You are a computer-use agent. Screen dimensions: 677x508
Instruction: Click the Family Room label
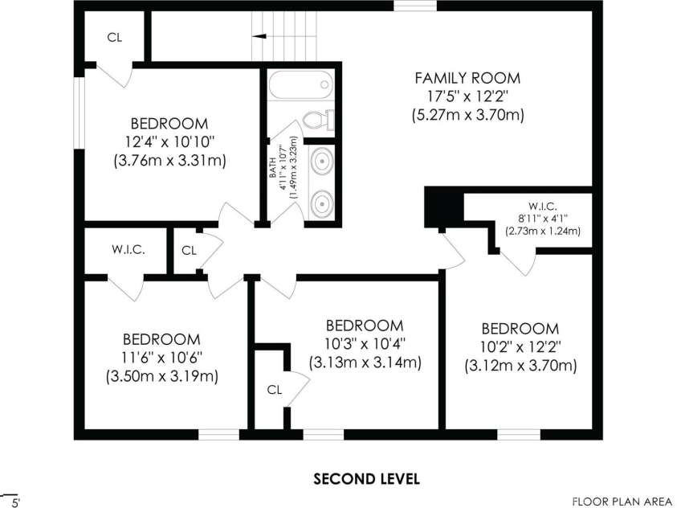point(467,78)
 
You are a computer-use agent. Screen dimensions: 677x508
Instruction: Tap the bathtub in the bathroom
point(301,85)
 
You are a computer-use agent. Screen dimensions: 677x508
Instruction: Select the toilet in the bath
point(318,120)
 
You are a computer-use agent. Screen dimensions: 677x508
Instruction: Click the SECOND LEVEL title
point(366,479)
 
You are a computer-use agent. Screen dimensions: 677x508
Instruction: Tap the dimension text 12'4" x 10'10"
point(169,142)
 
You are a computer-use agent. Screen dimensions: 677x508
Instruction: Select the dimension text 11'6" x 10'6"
point(162,358)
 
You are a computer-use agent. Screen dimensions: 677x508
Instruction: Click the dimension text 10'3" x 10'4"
point(365,344)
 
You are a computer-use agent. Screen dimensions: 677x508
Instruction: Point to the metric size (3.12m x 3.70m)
point(520,366)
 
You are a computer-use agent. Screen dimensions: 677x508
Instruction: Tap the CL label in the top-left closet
point(114,38)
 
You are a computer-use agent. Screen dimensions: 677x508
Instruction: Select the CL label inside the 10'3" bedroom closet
point(275,390)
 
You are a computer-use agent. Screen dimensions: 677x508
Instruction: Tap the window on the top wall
point(415,6)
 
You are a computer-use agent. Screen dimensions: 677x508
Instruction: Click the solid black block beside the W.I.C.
point(444,207)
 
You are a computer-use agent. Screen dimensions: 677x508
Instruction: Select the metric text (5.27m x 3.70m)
point(467,115)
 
